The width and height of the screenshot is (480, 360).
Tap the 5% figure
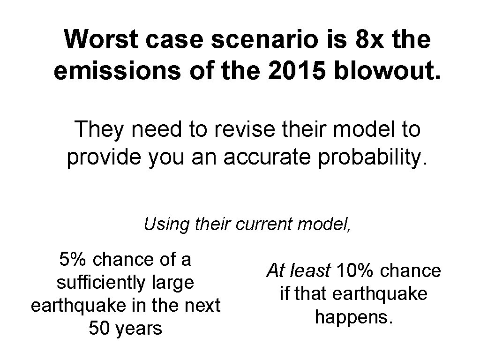click(71, 259)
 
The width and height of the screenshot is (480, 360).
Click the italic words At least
click(298, 270)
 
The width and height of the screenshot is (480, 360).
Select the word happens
click(354, 317)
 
